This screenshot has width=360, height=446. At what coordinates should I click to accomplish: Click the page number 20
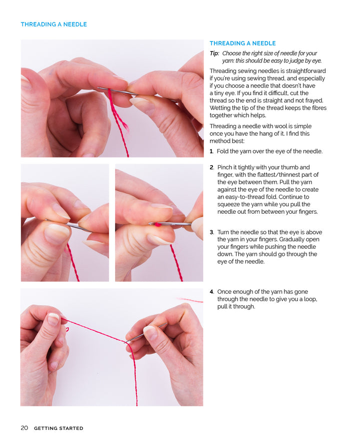(24, 428)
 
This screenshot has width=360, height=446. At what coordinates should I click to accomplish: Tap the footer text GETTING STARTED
(58, 428)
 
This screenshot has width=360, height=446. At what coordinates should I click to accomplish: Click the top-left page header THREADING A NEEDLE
(53, 24)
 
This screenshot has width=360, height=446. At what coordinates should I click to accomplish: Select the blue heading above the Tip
(242, 44)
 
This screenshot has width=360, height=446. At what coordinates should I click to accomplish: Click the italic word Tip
(214, 53)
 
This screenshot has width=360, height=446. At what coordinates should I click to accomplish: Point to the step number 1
(211, 151)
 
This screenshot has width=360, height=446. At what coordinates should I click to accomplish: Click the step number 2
(211, 167)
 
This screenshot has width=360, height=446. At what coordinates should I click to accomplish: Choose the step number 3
(211, 232)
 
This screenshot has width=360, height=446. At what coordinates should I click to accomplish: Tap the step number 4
(211, 292)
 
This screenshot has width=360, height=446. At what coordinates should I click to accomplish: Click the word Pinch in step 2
(225, 167)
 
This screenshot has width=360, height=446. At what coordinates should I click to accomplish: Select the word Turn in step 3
(224, 232)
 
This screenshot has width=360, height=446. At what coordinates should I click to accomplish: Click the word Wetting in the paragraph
(220, 108)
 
